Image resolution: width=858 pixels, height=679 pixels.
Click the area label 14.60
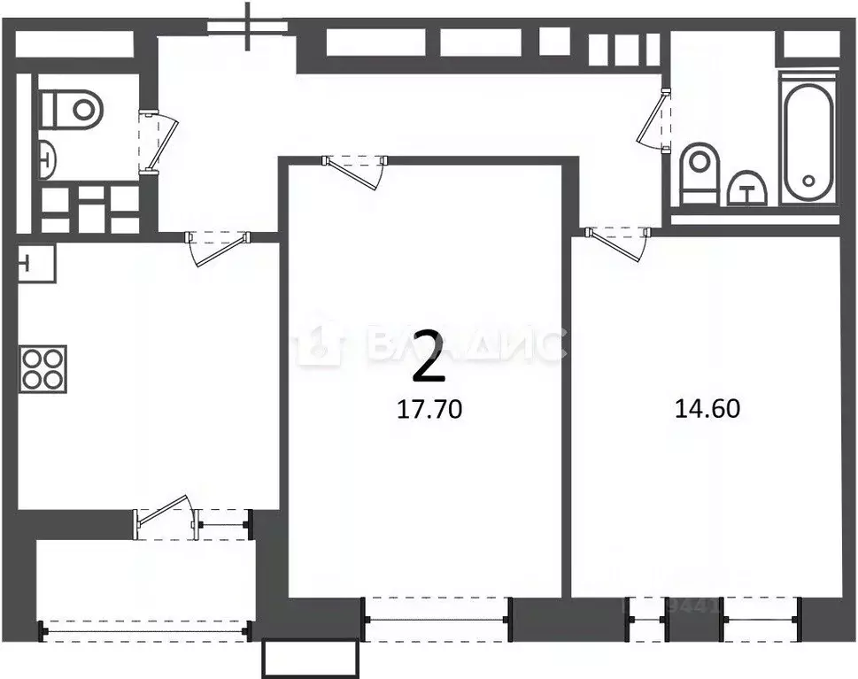point(707,408)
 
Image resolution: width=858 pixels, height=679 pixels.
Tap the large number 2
point(430,355)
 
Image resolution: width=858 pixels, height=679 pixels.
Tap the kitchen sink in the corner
point(35,262)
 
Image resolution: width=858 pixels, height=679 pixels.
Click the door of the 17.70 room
point(354,172)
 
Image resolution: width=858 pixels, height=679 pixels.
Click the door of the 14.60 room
point(618,243)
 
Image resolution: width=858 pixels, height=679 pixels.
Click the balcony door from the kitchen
point(164,516)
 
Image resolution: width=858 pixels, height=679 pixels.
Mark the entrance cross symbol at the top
point(249,25)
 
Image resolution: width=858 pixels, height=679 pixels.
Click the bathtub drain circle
point(807,180)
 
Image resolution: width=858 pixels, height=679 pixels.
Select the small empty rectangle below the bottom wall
point(311,658)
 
